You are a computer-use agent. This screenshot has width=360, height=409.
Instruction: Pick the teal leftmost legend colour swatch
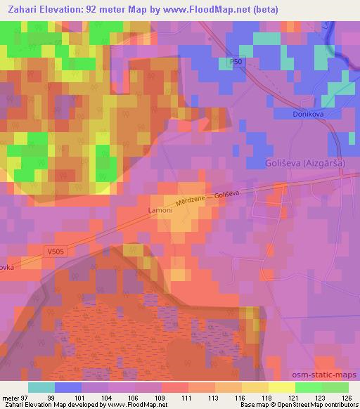click(41, 387)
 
